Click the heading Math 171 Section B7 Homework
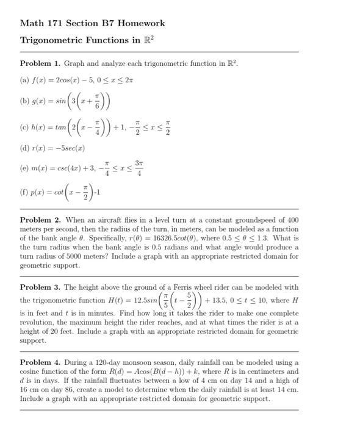tap(92, 23)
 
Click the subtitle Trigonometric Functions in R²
tap(87, 40)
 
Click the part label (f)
tap(26, 193)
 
